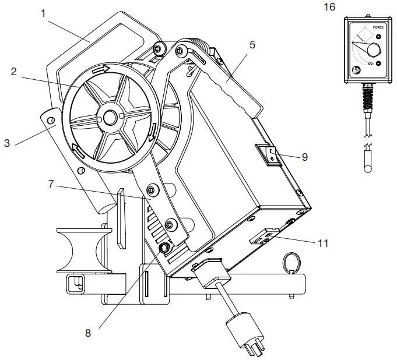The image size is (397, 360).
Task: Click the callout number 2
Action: point(13,72)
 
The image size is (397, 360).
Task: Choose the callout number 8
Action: point(88,333)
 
